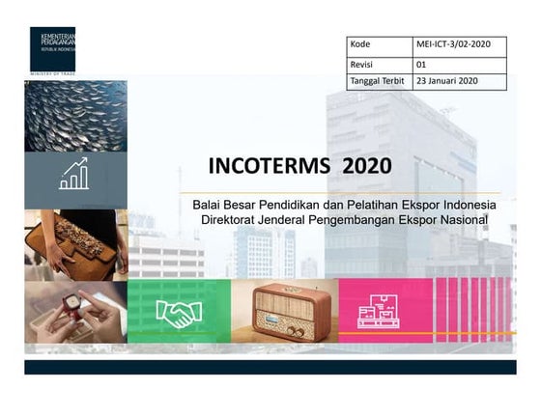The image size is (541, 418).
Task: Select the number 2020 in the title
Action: (x=366, y=165)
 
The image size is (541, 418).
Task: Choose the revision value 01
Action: (x=421, y=64)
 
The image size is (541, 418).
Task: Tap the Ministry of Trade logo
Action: (x=52, y=50)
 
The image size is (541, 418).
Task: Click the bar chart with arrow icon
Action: (x=74, y=175)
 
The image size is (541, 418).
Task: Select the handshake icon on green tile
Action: (x=179, y=313)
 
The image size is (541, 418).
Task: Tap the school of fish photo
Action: (x=75, y=115)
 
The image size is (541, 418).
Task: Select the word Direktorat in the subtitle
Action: (x=232, y=221)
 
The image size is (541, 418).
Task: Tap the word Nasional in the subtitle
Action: (x=462, y=221)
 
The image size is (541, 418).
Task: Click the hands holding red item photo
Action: (x=75, y=312)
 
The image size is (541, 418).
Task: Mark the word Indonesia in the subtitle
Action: (x=467, y=206)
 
